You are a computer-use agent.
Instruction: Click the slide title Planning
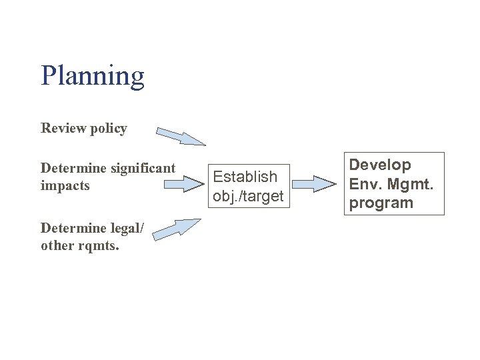click(x=92, y=76)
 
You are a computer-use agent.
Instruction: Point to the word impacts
click(x=65, y=185)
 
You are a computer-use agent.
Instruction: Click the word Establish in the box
click(x=245, y=177)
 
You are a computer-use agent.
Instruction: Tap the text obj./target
click(x=248, y=196)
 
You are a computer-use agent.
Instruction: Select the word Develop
click(x=381, y=165)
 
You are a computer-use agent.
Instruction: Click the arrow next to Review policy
click(x=181, y=137)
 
